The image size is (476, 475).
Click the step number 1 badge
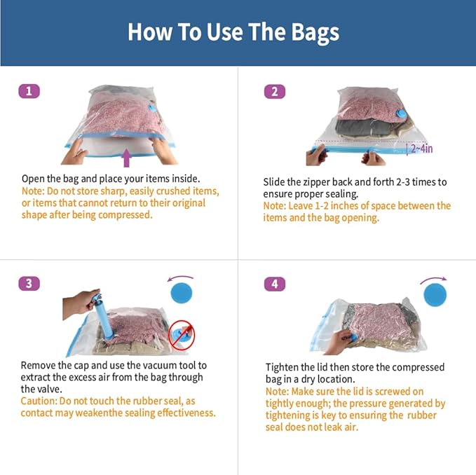[x=29, y=91]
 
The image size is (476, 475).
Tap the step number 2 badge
[x=274, y=91]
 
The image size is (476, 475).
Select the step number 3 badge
[x=29, y=284]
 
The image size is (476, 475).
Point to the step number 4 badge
[x=274, y=284]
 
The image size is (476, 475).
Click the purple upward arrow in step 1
[x=126, y=157]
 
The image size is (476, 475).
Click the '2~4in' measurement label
[x=421, y=148]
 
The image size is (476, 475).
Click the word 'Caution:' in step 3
[x=41, y=401]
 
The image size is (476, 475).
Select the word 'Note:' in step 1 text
[x=34, y=191]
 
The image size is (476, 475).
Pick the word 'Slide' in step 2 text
[x=276, y=182]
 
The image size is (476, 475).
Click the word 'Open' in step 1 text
[x=34, y=179]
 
